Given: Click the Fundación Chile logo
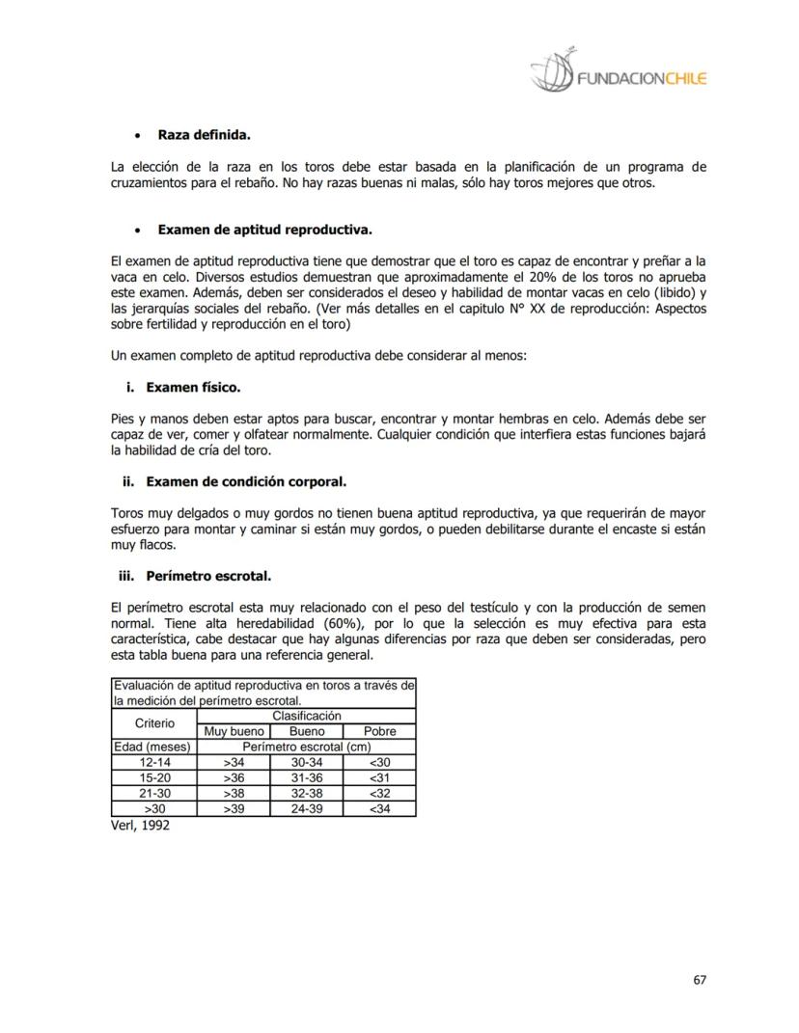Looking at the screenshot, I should tap(618, 71).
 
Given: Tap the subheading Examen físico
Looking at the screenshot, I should tap(193, 387).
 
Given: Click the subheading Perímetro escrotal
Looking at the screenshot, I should tap(208, 576).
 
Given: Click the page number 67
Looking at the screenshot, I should tap(700, 980).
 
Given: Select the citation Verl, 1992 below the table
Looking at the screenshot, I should tap(141, 826).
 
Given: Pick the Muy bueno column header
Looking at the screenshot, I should tap(232, 731).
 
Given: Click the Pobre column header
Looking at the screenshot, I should tap(380, 731).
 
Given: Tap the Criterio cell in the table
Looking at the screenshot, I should tap(154, 723).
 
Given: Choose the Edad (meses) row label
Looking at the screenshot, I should tap(153, 747).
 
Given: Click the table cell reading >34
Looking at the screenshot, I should tap(233, 762).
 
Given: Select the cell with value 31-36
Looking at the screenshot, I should tap(306, 777).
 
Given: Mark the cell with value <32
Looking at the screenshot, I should tap(380, 793).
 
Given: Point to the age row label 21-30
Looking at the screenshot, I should tap(154, 793).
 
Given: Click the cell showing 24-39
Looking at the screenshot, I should tap(306, 808).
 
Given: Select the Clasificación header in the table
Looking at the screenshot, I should tap(306, 716).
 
